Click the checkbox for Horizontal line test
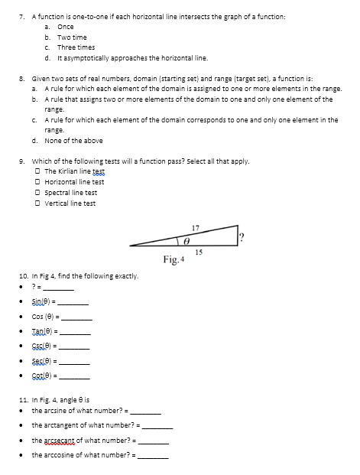point(39,181)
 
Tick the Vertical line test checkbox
point(39,203)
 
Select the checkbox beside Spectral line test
point(39,192)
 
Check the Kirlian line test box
point(39,171)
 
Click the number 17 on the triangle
point(196,227)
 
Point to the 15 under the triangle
point(199,251)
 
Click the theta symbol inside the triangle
point(183,239)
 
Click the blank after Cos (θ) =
point(77,317)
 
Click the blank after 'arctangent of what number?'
point(157,426)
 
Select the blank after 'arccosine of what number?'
point(153,456)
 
